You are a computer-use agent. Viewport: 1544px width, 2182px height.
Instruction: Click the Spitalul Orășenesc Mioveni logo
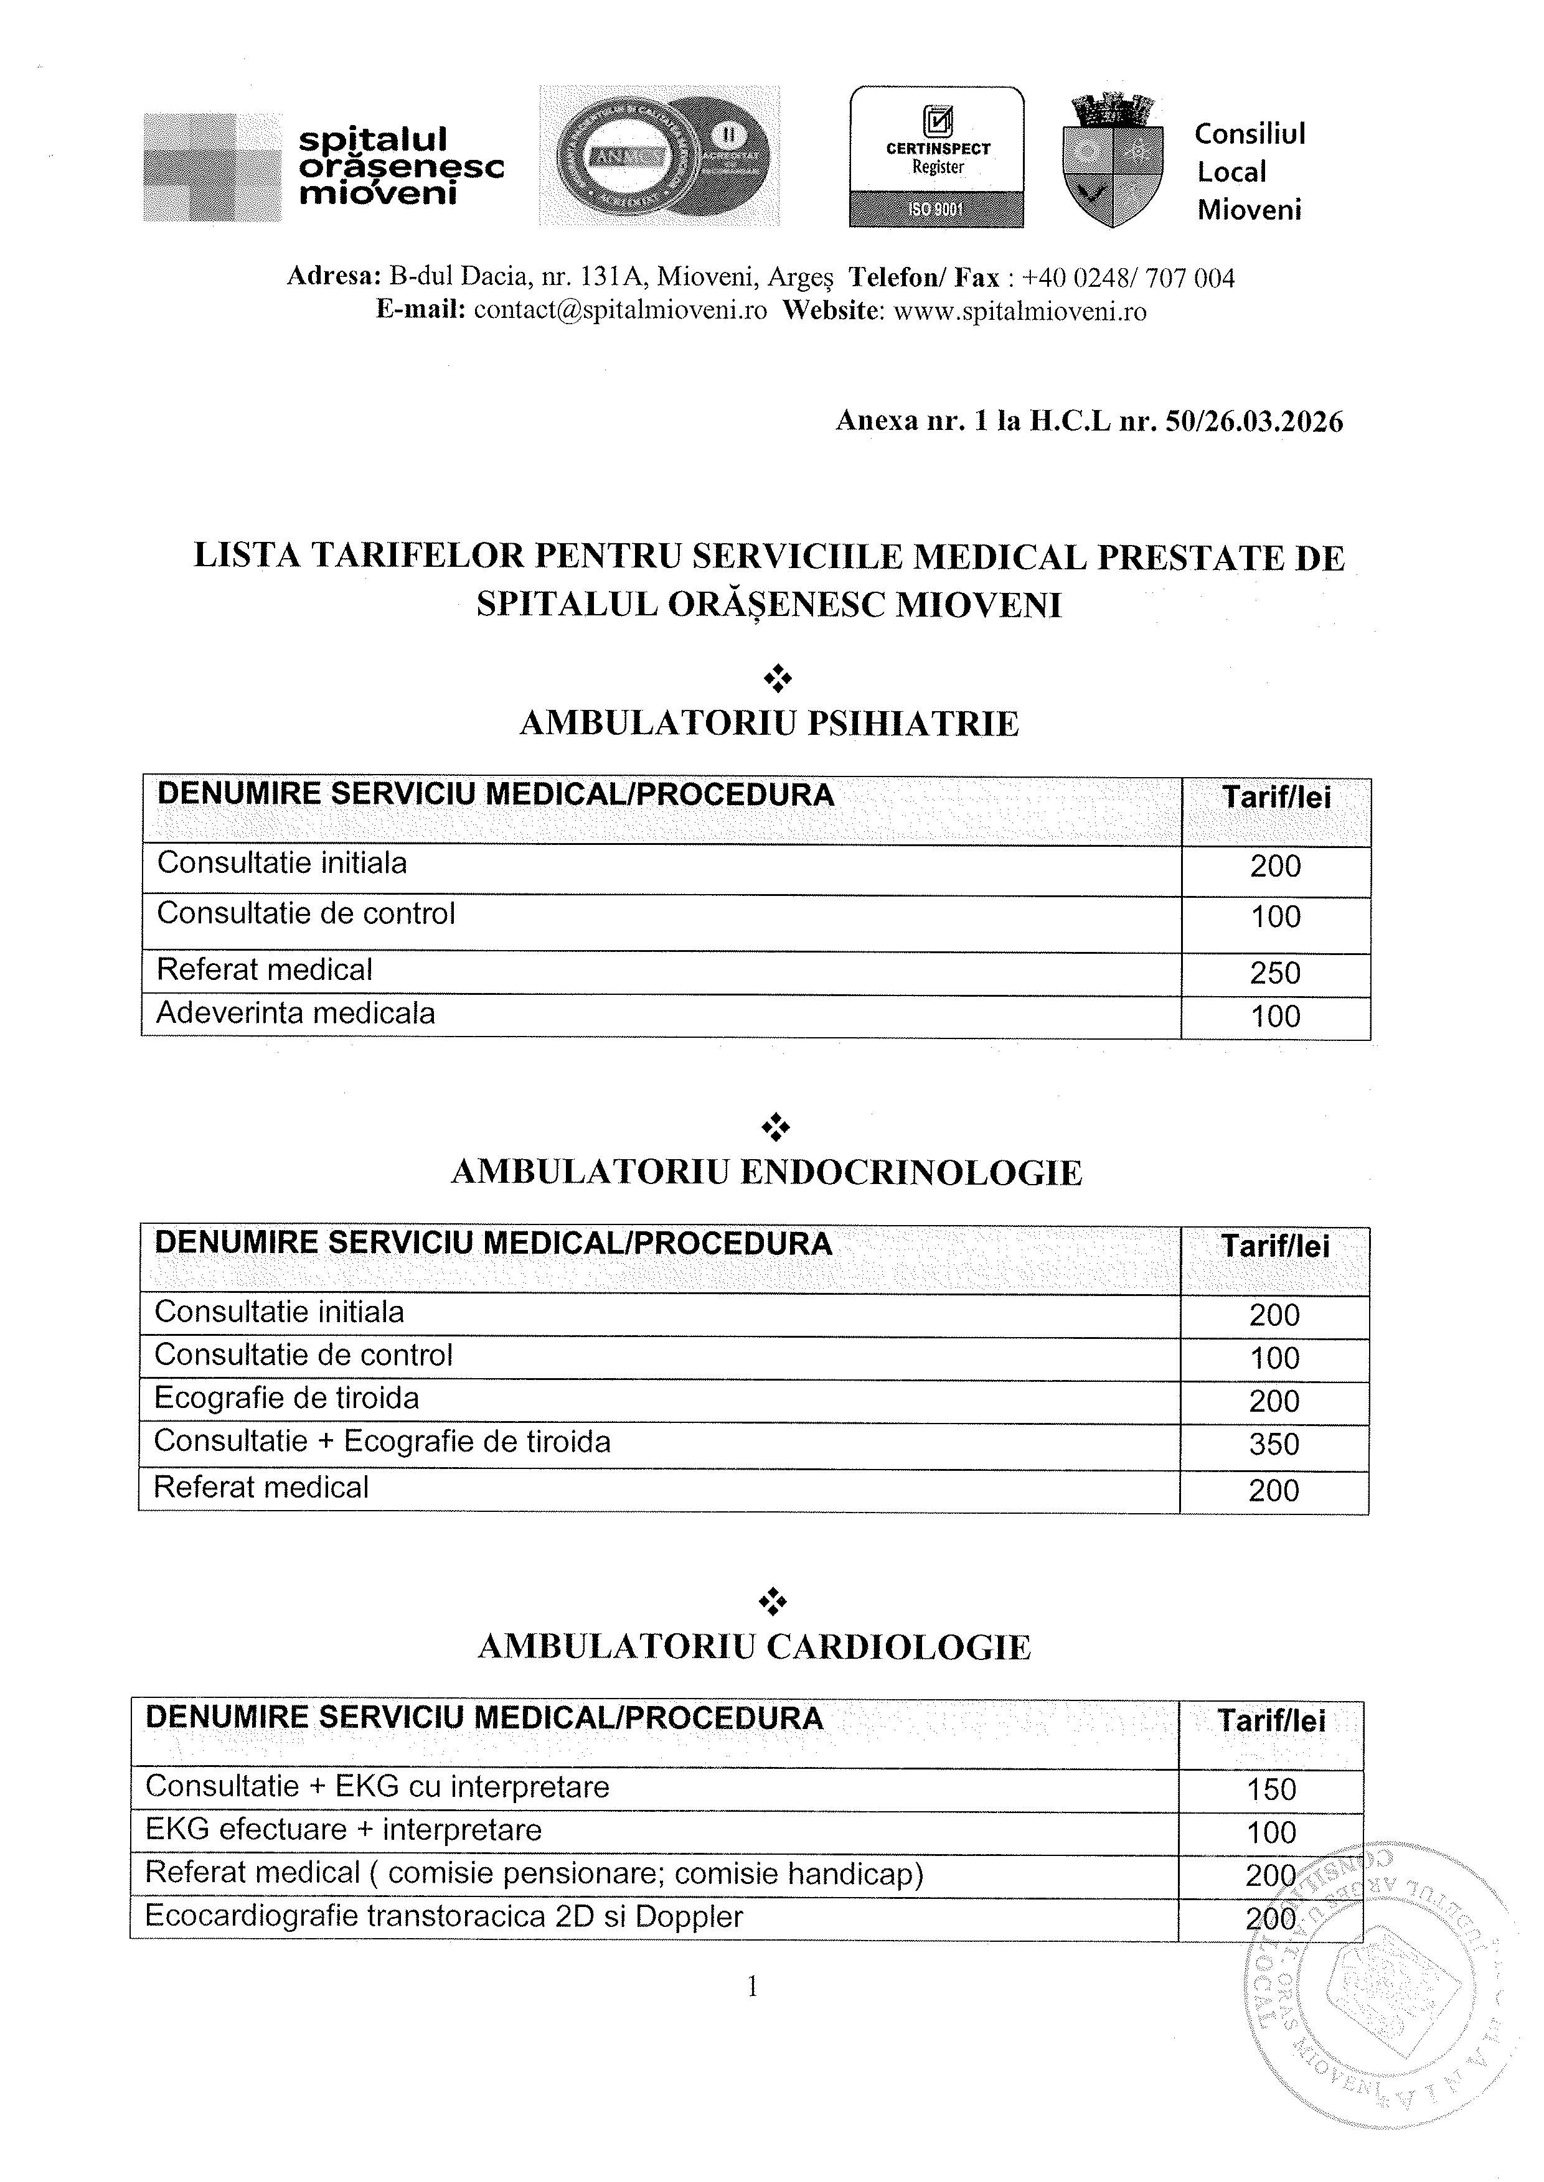point(323,167)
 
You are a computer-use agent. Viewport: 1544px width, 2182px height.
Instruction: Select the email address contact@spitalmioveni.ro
point(620,312)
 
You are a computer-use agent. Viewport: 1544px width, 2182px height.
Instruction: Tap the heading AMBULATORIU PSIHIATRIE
point(769,724)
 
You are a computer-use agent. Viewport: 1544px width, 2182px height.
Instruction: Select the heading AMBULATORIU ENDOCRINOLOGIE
point(766,1173)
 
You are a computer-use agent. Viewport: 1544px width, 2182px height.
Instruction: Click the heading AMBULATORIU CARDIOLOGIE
point(754,1647)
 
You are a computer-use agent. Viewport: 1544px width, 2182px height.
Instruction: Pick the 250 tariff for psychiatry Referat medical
point(1275,973)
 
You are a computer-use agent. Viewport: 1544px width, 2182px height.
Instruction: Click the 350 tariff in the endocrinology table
point(1274,1445)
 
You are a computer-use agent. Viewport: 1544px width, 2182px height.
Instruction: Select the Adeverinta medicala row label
point(296,1013)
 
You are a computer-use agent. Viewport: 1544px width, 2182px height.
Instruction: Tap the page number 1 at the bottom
point(753,1986)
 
